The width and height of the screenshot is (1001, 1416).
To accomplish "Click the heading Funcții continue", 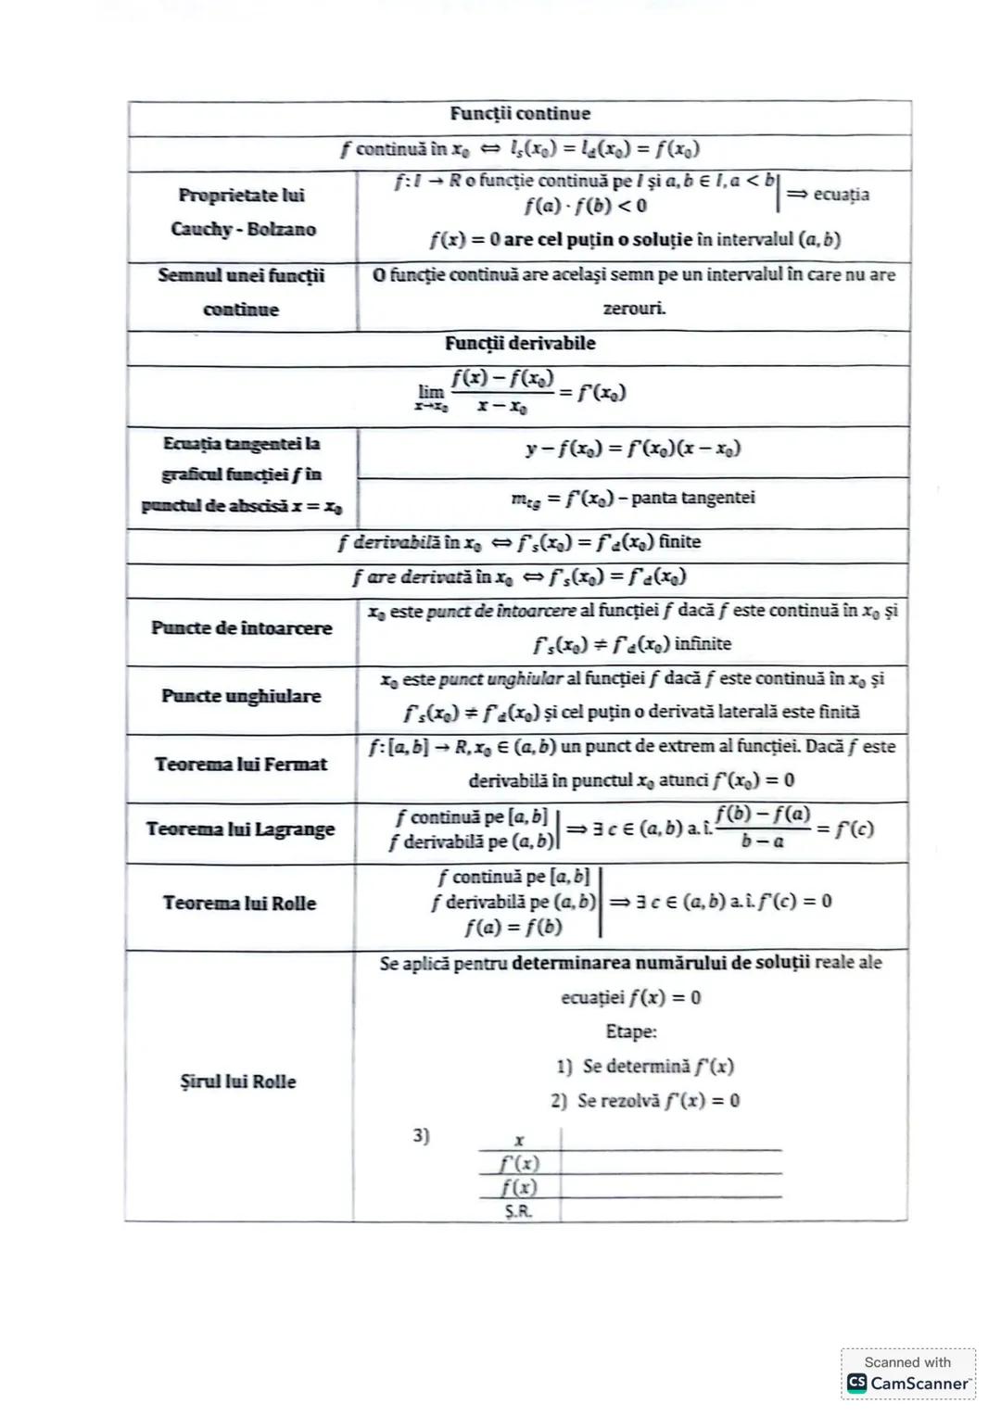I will (519, 114).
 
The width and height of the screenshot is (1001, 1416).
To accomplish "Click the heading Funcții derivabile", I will (519, 343).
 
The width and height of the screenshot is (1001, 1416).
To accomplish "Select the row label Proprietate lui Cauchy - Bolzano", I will (242, 212).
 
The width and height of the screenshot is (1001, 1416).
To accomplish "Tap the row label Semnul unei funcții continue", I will (241, 292).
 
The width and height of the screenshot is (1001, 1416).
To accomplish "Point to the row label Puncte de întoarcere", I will (241, 628).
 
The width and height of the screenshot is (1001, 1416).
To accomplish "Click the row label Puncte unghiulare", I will (241, 696).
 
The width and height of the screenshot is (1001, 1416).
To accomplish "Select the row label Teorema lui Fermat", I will (241, 765).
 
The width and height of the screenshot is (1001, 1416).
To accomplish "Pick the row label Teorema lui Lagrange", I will (240, 829).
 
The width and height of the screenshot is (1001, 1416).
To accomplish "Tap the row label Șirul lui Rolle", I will (238, 1081).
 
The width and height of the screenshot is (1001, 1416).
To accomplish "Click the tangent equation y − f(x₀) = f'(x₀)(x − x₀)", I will (633, 449).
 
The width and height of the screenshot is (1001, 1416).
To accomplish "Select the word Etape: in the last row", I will (630, 1031).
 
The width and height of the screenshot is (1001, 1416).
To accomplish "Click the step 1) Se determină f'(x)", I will (645, 1067).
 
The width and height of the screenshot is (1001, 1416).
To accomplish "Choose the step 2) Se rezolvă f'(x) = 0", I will (645, 1101).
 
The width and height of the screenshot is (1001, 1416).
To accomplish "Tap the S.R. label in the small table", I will (518, 1211).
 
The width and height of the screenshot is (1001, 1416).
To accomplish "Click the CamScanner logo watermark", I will (908, 1383).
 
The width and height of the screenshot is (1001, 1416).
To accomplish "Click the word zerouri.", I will (634, 309).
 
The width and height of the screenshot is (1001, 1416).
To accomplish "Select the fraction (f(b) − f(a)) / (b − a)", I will (762, 828).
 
